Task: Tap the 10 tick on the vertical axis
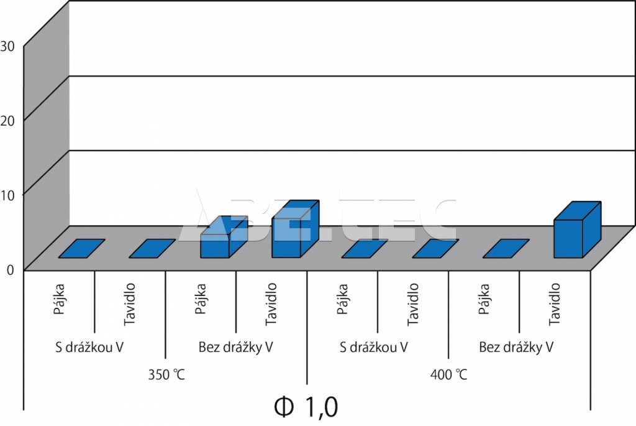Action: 7,194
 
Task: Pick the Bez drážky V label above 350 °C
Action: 236,346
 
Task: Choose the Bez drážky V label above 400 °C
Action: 516,346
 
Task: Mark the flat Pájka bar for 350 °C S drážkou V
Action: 81,248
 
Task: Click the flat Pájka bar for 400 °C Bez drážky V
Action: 506,248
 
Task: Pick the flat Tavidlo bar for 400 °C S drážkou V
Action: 435,248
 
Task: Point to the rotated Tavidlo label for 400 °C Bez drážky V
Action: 555,304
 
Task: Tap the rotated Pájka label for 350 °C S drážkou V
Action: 60,299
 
